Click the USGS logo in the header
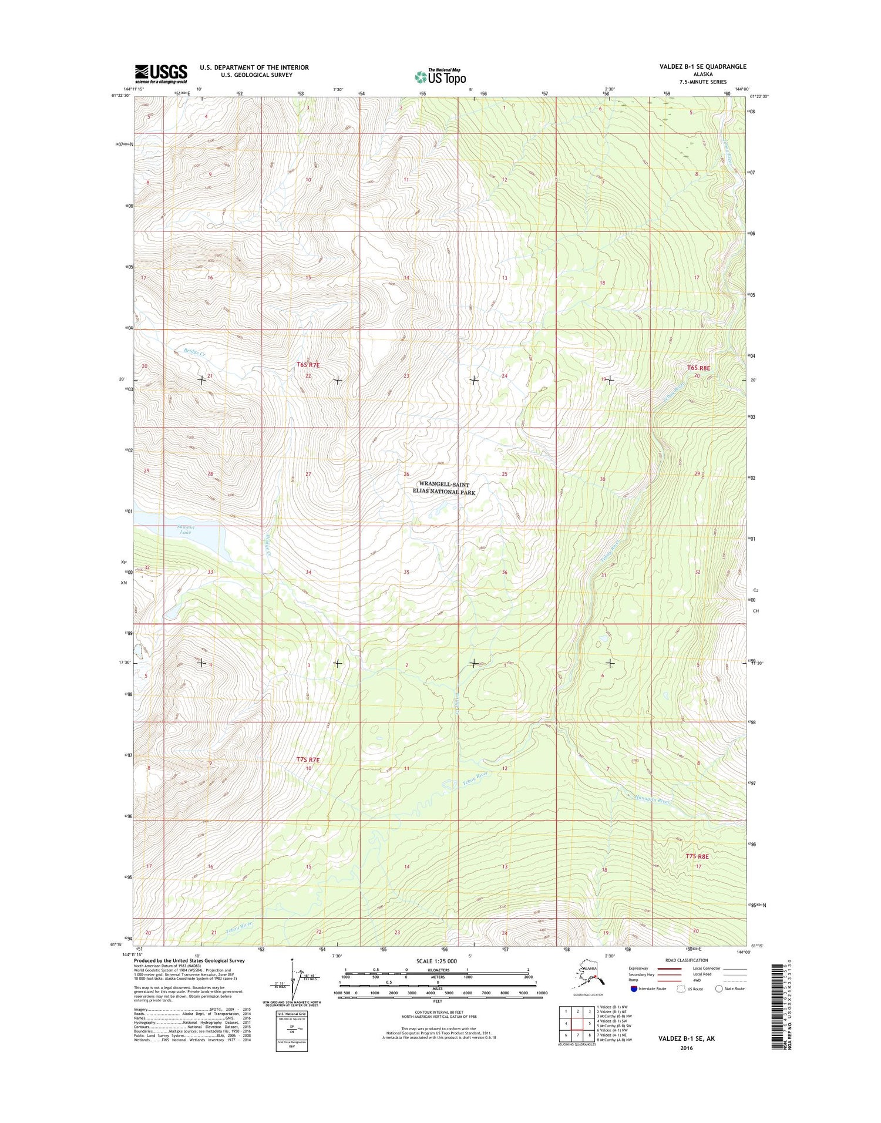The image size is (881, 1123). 161,73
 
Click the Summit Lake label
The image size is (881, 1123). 185,529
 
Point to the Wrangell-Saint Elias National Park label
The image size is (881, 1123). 444,488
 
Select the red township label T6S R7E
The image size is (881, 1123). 308,365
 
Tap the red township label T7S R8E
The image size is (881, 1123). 697,856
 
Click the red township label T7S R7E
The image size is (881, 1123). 308,759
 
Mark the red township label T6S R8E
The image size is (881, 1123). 698,368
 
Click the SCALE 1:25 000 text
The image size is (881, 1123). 436,961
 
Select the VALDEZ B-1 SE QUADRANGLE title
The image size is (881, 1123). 702,66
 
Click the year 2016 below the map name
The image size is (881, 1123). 685,1048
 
